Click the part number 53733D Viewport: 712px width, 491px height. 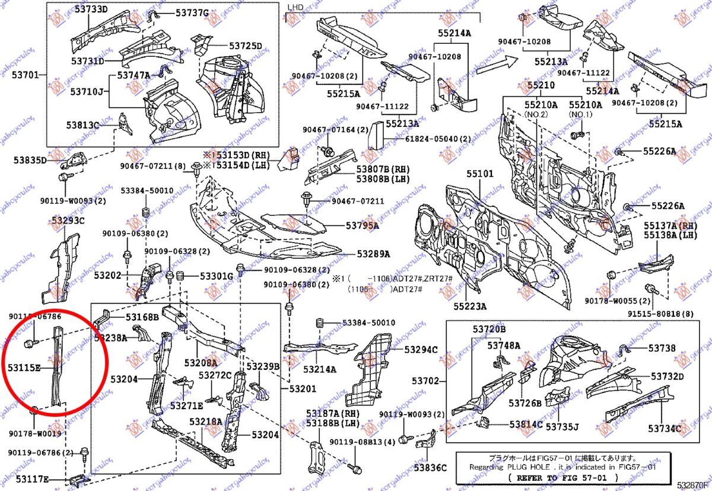point(91,9)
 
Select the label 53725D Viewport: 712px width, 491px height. point(245,46)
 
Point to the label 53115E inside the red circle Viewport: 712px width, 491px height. point(24,368)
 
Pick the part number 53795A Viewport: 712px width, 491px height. point(363,225)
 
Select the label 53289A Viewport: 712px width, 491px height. point(373,254)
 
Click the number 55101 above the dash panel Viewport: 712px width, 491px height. point(479,174)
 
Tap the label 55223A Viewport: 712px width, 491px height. point(470,307)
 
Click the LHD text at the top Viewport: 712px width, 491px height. point(295,7)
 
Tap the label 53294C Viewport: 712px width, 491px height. point(421,350)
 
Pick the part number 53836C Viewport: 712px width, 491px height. point(430,468)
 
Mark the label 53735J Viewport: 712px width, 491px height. point(562,426)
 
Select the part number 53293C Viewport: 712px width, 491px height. point(68,221)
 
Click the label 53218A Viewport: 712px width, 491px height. point(205,422)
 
